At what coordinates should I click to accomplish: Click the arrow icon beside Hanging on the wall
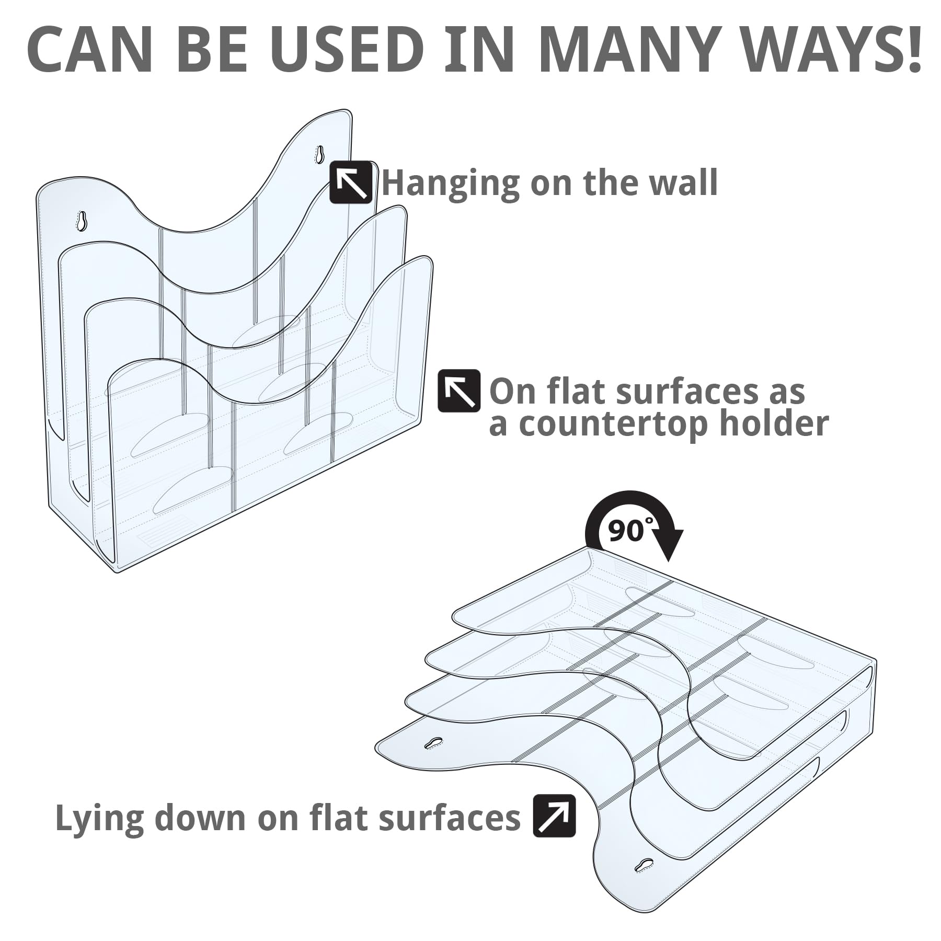click(351, 182)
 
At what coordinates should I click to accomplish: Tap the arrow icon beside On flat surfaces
click(458, 391)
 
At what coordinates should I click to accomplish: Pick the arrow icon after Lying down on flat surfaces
click(554, 815)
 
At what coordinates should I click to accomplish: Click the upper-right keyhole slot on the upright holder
click(320, 154)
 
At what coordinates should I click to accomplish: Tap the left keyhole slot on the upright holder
click(82, 220)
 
